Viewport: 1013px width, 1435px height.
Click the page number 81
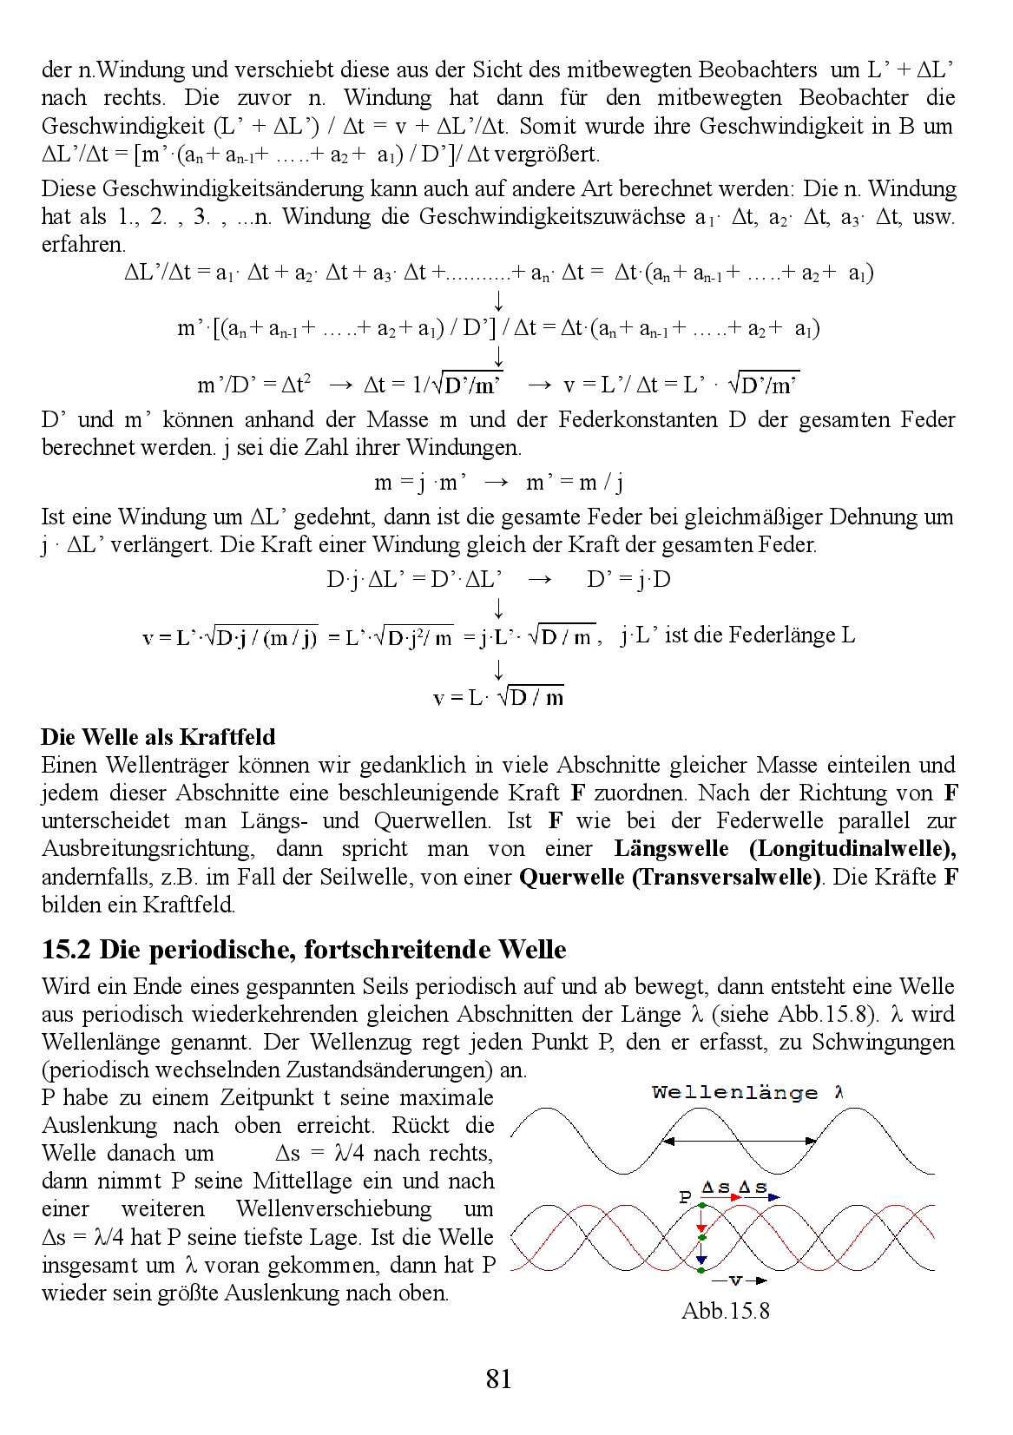pyautogui.click(x=498, y=1378)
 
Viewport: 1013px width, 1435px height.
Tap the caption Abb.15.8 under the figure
pyautogui.click(x=725, y=1310)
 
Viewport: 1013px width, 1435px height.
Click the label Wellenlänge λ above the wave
pyautogui.click(x=747, y=1092)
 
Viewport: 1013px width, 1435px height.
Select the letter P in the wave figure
pyautogui.click(x=685, y=1196)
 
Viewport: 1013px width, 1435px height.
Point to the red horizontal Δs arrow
pyautogui.click(x=722, y=1197)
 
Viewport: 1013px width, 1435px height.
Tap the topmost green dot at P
pyautogui.click(x=701, y=1206)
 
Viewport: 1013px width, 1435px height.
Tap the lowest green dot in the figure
pyautogui.click(x=701, y=1270)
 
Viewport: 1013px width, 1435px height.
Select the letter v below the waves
pyautogui.click(x=735, y=1280)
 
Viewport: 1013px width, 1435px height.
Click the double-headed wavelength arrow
pyautogui.click(x=739, y=1141)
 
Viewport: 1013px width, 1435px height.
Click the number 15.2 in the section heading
pyautogui.click(x=66, y=949)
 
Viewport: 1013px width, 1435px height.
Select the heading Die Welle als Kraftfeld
pyautogui.click(x=158, y=737)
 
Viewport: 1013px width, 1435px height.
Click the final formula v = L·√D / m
pyautogui.click(x=498, y=697)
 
